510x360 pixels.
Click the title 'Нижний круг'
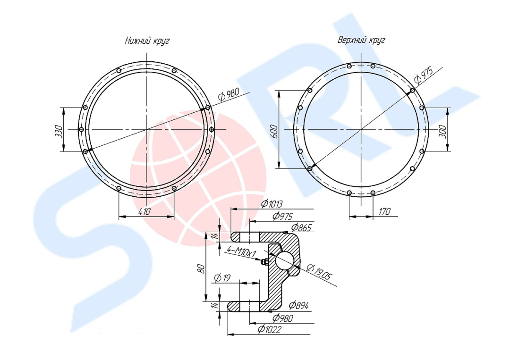147,41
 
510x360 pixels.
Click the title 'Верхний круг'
361,40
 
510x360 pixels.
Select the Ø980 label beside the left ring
229,94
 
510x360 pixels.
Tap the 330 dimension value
59,131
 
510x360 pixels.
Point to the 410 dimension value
144,211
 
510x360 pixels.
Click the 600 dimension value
274,131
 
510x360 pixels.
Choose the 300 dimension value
443,131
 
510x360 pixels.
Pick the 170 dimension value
384,212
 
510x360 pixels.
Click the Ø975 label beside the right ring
424,75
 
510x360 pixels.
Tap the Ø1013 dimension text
272,204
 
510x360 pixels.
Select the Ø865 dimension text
301,227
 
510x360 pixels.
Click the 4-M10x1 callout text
241,251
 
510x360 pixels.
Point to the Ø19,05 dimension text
320,272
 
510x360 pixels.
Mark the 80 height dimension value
201,268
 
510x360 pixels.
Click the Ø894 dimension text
298,305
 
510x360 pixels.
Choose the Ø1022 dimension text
269,329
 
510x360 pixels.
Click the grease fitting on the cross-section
265,261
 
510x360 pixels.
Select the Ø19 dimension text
222,278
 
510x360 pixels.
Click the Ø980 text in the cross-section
283,318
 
